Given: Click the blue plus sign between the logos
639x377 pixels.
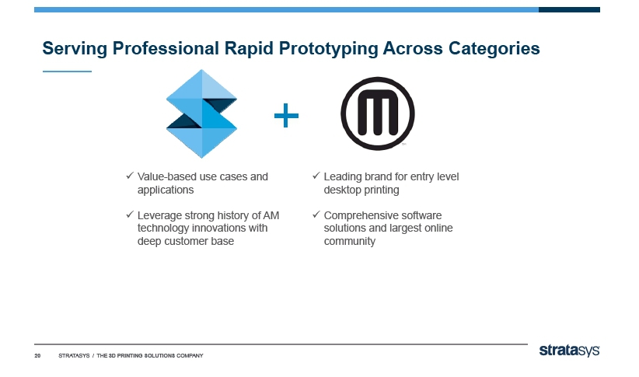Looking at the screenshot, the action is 286,115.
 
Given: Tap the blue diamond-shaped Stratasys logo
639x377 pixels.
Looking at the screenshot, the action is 201,113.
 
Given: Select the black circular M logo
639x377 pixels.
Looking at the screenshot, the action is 377,113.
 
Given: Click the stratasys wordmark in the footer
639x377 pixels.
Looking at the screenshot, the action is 569,351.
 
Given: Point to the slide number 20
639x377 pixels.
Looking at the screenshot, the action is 37,356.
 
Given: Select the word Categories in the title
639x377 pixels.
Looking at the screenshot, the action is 494,48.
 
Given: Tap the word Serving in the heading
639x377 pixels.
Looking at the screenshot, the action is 75,48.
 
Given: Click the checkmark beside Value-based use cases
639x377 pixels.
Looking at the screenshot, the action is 130,175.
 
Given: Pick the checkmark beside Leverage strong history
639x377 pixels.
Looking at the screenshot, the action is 130,214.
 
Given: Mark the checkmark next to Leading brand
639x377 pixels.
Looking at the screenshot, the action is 316,175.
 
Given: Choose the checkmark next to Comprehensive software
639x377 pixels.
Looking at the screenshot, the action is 316,214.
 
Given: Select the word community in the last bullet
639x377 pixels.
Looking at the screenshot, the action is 350,241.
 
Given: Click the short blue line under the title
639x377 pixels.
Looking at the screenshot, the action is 67,72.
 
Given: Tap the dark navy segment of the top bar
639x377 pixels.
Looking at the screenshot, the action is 569,9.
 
